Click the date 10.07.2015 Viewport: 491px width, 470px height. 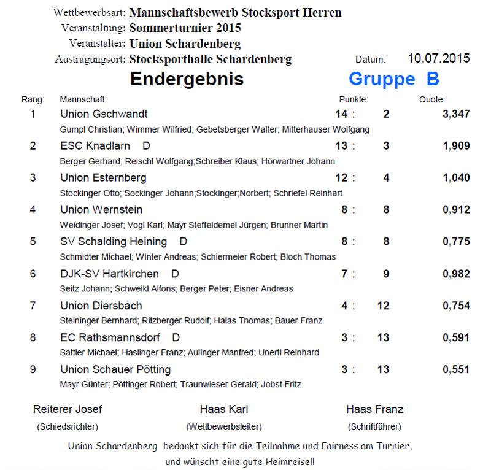438,59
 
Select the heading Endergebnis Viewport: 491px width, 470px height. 187,79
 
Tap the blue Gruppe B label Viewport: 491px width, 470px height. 393,79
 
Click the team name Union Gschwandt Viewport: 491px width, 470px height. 104,114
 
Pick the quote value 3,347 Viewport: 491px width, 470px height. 456,114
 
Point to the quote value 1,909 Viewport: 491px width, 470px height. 456,146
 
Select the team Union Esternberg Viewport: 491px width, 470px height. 103,178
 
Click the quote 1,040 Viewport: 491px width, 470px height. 456,178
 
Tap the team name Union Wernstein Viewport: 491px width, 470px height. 101,210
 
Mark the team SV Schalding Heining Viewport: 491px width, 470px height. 114,242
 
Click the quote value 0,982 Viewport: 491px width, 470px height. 456,274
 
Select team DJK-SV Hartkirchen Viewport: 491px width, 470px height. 109,274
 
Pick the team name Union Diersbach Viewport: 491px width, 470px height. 101,306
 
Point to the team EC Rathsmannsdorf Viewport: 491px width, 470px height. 110,337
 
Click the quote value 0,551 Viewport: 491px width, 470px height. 456,369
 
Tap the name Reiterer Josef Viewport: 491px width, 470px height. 68,409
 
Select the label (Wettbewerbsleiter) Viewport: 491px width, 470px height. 223,426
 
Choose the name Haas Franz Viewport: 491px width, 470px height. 374,409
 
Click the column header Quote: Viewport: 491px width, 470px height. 432,99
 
